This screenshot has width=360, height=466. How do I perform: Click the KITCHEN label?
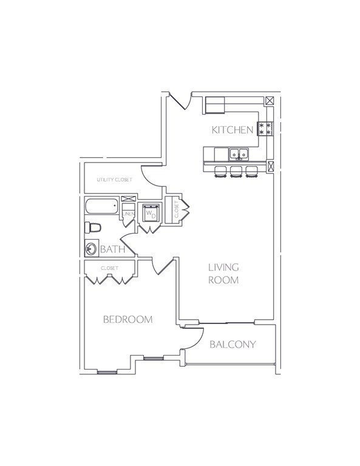(232, 130)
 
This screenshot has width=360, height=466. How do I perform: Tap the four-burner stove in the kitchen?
(265, 129)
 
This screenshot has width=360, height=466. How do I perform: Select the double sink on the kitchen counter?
(238, 154)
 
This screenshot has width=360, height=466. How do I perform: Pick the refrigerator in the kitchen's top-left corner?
(214, 105)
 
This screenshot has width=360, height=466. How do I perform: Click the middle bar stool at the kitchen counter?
(236, 171)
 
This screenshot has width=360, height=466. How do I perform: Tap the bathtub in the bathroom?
(102, 207)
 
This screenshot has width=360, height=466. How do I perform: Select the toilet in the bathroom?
(92, 228)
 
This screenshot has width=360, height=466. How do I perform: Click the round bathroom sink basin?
(91, 248)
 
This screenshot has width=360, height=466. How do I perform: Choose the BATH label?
(113, 249)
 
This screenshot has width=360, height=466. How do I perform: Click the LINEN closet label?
(128, 214)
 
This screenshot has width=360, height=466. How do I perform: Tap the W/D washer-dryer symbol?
(150, 214)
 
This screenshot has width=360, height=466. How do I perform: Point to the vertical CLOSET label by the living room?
(177, 210)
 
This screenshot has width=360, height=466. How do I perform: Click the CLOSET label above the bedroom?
(109, 268)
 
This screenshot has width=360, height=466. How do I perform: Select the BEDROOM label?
(127, 320)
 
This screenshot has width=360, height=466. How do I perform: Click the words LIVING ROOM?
(223, 274)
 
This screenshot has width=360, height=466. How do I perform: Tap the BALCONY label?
(233, 345)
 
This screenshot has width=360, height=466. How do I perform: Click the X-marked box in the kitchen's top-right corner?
(270, 101)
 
